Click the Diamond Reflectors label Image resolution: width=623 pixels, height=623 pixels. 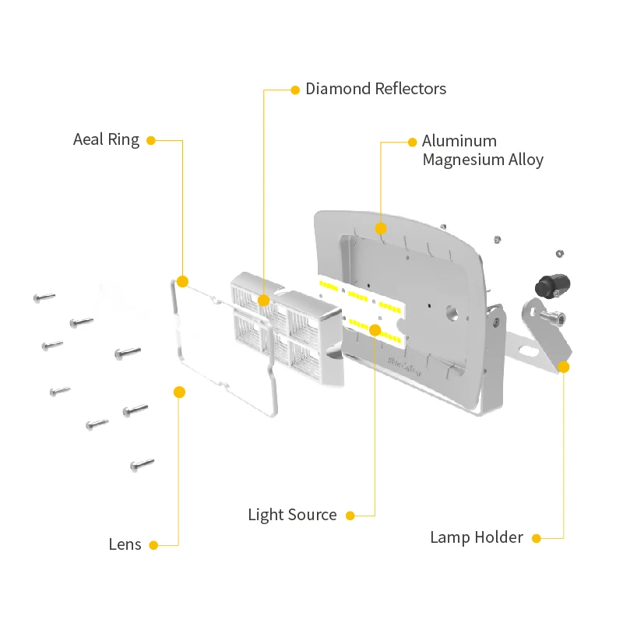point(375,89)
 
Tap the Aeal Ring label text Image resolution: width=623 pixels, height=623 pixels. point(106,140)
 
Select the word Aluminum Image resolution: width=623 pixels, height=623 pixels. point(459,141)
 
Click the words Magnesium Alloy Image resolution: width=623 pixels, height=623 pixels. point(482,160)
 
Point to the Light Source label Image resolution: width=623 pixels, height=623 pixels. point(292,515)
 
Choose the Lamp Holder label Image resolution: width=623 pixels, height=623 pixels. point(477,537)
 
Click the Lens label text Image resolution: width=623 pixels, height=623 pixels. point(125,544)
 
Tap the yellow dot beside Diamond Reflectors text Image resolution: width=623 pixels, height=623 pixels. point(295,90)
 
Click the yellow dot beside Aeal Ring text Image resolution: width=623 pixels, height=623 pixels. point(151,141)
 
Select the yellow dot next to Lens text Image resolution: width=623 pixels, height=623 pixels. point(153,545)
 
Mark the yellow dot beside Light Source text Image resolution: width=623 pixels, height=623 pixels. point(350,516)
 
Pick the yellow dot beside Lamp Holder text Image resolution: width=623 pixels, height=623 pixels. point(536,537)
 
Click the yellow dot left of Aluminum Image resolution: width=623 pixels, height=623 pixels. point(413,142)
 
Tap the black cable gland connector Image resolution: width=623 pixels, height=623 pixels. point(551,285)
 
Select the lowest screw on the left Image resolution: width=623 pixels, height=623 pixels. point(142,465)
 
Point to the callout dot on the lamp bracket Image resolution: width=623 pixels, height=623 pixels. point(564,365)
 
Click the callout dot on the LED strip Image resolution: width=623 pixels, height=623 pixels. point(375,330)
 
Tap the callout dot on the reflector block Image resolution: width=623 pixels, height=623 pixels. point(264,300)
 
